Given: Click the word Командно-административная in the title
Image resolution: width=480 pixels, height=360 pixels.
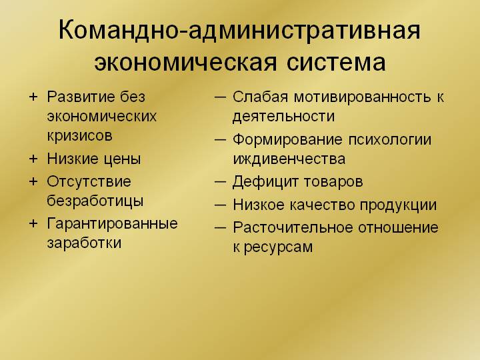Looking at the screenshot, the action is pos(239,30).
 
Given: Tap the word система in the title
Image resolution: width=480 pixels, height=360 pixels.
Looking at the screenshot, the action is pos(336,63).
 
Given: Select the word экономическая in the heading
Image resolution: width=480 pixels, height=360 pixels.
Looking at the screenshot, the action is pos(185,63).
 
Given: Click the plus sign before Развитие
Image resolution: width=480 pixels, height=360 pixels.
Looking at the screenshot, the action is pos(33,97).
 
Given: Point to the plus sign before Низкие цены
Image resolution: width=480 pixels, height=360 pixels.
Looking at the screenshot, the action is pos(33,159).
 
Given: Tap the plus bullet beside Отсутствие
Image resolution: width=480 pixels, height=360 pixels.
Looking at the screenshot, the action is pos(33,181).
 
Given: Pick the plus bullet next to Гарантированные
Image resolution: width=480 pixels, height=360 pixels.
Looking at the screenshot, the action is pos(33,223).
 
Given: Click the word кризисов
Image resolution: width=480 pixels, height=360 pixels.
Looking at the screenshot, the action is pos(79,135).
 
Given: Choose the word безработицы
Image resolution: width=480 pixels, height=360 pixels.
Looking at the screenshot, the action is pos(95,201).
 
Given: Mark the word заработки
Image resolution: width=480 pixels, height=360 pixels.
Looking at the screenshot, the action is pos(84,243).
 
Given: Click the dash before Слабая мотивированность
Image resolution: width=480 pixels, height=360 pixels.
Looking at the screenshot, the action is pos(221,97).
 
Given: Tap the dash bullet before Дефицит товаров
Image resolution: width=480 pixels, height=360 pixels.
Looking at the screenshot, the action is pos(221,182).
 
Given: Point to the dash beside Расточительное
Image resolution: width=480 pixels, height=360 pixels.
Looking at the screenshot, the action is pos(221,228).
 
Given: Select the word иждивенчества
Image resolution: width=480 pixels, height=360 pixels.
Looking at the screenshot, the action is pos(289,159).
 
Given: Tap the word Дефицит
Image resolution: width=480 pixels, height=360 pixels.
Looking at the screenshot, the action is pos(265,182).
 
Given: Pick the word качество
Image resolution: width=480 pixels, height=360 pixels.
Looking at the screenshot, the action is pos(323,205).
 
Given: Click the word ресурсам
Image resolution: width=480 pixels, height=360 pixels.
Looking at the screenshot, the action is pos(278,247).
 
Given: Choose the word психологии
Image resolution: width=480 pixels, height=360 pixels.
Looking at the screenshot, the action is pos(390,140).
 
